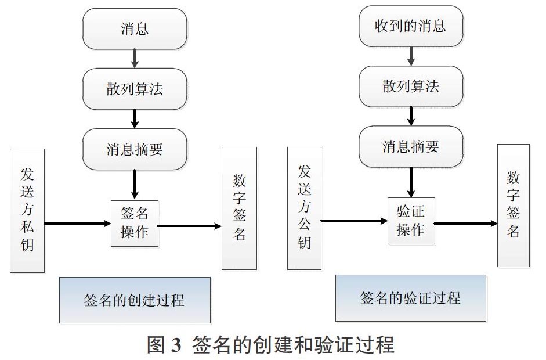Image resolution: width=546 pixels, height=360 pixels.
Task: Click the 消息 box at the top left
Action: [x=135, y=28]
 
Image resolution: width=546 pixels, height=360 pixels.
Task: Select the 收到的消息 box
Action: [x=411, y=26]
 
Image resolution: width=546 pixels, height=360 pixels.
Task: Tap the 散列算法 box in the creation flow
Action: [x=135, y=89]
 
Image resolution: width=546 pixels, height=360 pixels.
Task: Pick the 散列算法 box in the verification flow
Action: [x=411, y=87]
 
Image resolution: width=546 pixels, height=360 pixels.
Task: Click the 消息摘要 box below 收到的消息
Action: [x=411, y=147]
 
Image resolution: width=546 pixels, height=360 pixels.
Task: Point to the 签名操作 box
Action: [x=135, y=224]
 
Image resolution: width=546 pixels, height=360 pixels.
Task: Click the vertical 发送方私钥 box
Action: [x=27, y=211]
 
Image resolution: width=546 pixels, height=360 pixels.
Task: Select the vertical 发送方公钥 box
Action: [x=304, y=208]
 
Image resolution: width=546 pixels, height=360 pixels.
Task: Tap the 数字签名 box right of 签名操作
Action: [x=239, y=208]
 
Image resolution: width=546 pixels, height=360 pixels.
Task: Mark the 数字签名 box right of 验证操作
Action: [x=514, y=206]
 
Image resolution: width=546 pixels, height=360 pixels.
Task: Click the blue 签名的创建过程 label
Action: [x=135, y=300]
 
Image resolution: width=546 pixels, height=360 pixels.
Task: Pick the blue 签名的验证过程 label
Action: [x=411, y=298]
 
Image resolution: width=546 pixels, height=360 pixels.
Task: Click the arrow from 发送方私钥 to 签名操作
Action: [x=78, y=224]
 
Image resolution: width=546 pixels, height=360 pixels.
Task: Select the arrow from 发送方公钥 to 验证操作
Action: [x=355, y=221]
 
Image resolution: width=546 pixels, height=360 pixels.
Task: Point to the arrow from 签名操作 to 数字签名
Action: [x=190, y=226]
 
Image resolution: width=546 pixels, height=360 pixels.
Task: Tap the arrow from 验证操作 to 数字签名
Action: [x=466, y=224]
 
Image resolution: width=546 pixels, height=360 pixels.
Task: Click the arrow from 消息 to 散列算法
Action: [x=135, y=59]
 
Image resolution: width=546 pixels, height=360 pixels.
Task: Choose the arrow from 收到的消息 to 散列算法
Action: [x=411, y=56]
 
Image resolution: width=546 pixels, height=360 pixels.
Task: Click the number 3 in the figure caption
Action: [x=176, y=345]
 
